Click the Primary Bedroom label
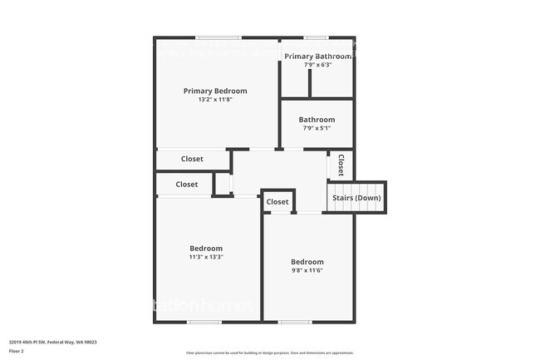215,91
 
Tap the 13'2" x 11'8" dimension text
215,100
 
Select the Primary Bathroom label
317,56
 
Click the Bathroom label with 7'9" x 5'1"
317,120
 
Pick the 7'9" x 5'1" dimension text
317,128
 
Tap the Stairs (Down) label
356,198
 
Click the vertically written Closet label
341,165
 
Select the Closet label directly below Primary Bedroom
192,159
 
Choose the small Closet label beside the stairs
277,202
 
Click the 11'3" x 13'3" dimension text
206,257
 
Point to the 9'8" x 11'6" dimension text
307,270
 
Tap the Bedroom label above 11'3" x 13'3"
206,249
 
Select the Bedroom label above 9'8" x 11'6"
307,262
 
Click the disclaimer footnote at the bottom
269,353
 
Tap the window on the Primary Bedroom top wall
218,37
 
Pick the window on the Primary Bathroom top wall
316,37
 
